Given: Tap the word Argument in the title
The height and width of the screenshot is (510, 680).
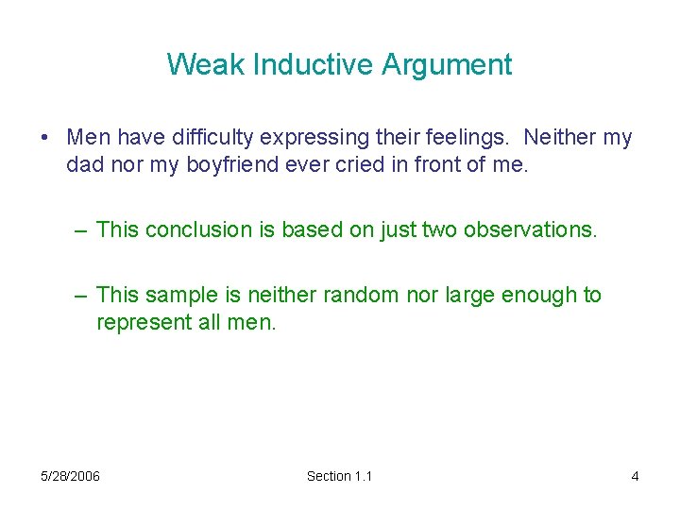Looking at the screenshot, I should coord(447,64).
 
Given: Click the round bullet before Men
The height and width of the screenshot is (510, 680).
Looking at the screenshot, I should coord(45,138).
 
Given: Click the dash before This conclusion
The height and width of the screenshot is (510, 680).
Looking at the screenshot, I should coord(81,229).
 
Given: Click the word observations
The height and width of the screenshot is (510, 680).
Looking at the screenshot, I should coord(531,229).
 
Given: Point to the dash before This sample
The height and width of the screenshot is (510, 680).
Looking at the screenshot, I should coord(81,296).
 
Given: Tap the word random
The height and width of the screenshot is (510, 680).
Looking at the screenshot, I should coord(357,296).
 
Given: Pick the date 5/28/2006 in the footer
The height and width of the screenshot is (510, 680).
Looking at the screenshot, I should coord(71,476).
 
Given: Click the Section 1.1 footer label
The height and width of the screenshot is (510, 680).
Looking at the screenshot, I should coord(339,476).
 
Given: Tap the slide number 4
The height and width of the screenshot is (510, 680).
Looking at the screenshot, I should coord(635,476).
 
